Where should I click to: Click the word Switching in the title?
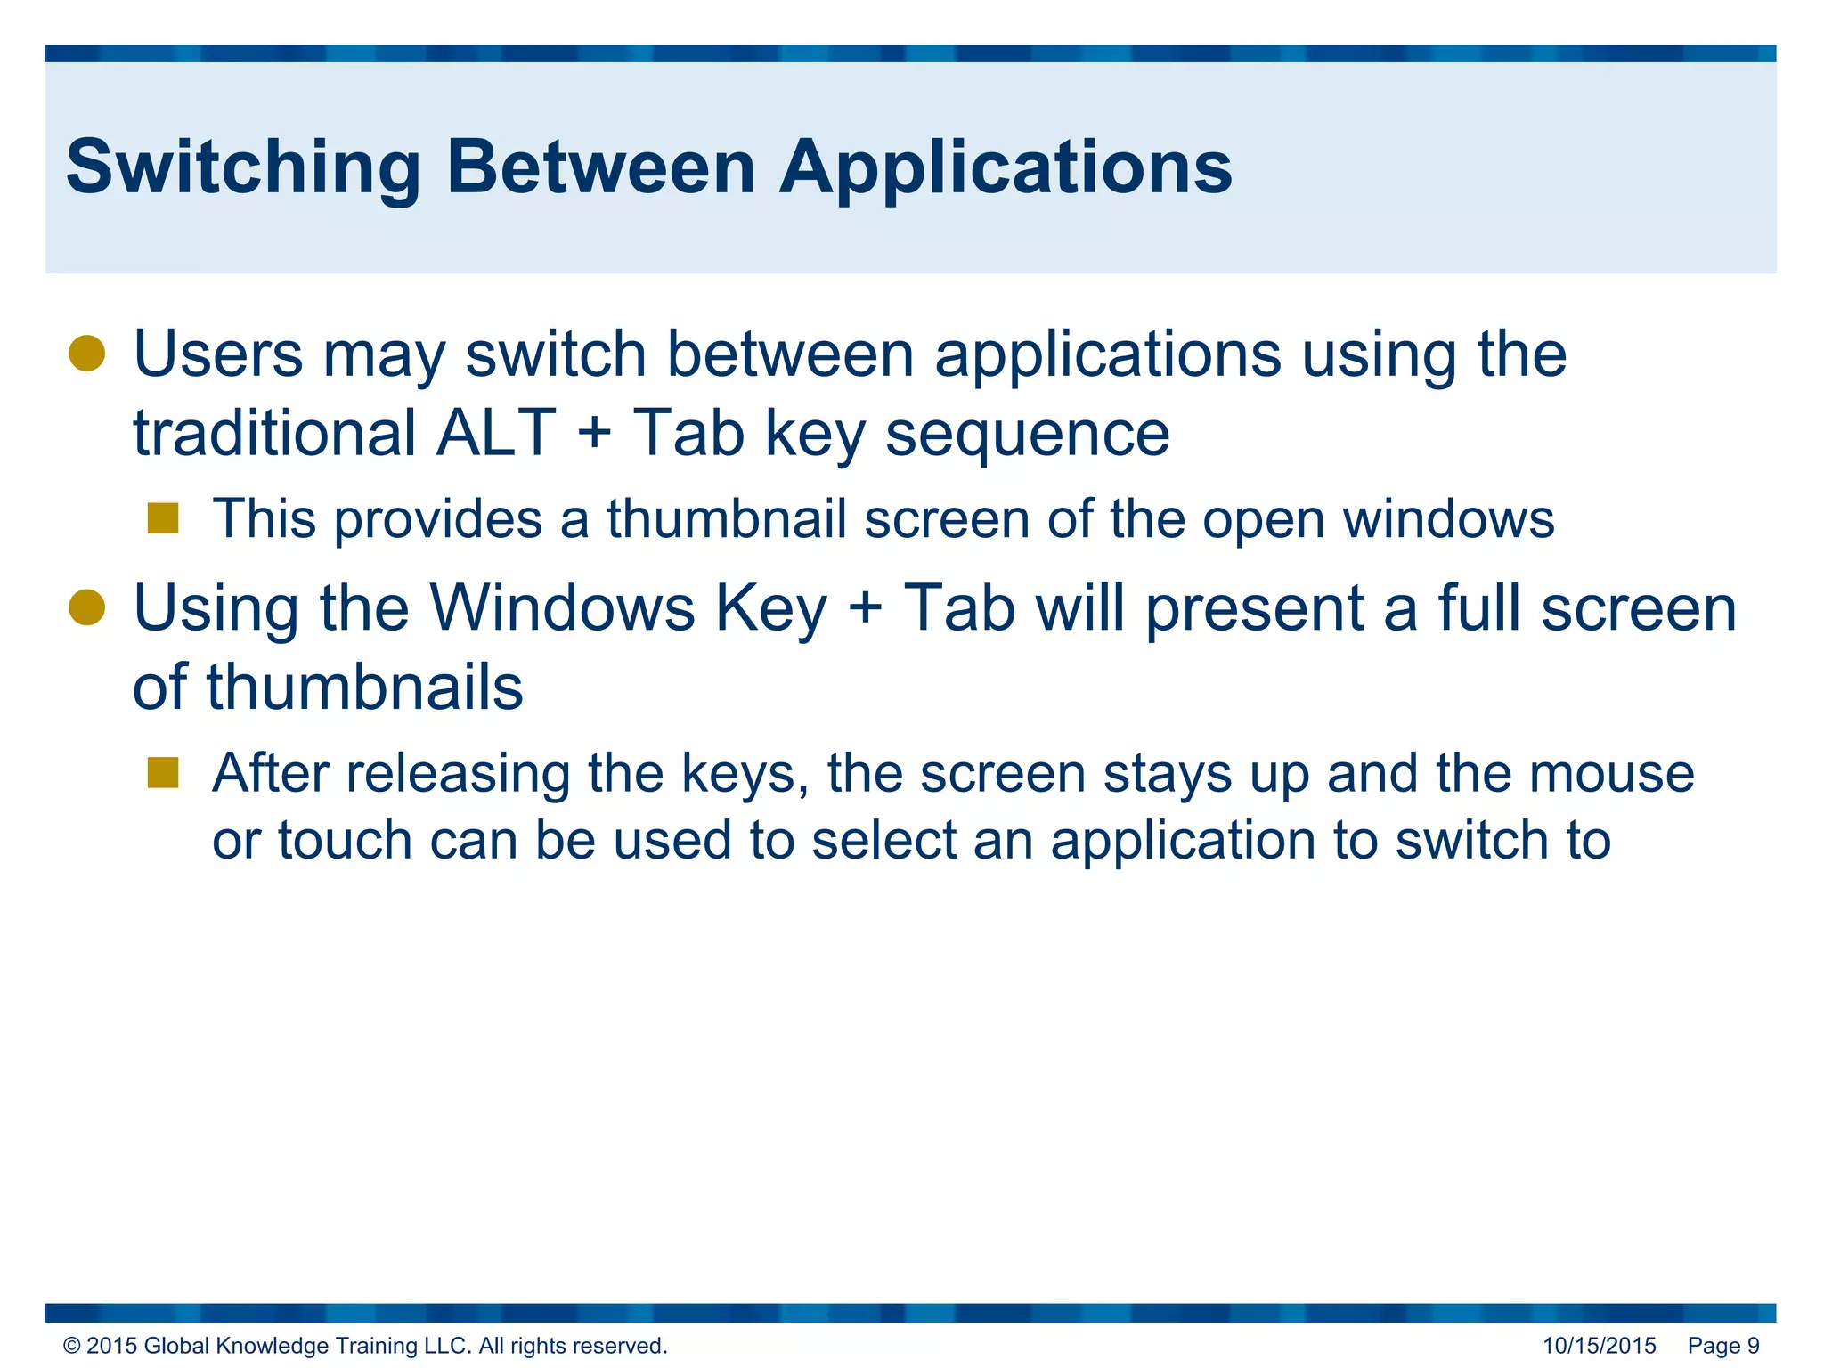click(242, 167)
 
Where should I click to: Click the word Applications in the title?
click(1006, 167)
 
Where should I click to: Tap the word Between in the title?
click(600, 167)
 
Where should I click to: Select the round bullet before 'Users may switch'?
click(87, 354)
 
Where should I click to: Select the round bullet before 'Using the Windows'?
click(87, 608)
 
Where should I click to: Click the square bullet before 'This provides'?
click(163, 518)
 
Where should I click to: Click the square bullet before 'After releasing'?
click(163, 773)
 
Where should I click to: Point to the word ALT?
click(495, 433)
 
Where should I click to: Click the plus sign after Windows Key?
click(865, 609)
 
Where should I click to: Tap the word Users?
click(218, 354)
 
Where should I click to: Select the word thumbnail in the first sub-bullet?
click(726, 518)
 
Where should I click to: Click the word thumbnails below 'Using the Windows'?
click(365, 688)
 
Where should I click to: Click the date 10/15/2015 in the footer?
click(1599, 1346)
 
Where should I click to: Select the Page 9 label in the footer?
click(1723, 1346)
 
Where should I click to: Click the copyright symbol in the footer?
click(71, 1346)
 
